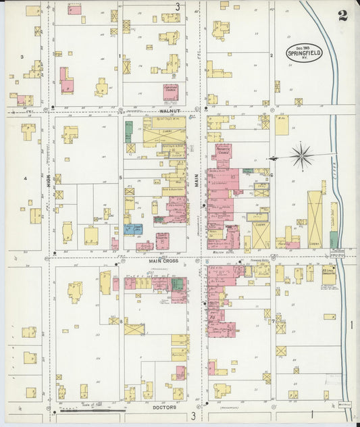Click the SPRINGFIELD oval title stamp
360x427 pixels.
[x=305, y=53]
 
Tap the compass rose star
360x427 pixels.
[x=302, y=157]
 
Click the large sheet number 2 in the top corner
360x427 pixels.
[x=343, y=16]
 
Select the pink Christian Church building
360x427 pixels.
[x=171, y=92]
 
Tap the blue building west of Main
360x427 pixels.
[x=133, y=229]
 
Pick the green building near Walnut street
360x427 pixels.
[x=128, y=131]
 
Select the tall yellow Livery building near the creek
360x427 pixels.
[x=315, y=218]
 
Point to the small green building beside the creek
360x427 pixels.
[x=334, y=239]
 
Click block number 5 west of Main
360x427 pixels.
[x=120, y=178]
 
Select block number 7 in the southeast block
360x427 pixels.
[x=272, y=322]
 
